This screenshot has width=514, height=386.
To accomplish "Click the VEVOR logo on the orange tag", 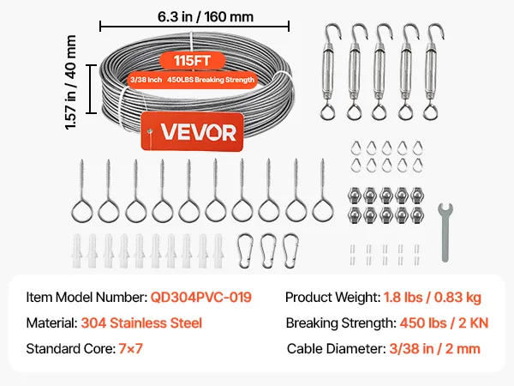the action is (x=199, y=132).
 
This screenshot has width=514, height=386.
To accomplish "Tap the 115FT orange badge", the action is (x=193, y=61).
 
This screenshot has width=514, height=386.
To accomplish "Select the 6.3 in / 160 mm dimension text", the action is (x=206, y=16).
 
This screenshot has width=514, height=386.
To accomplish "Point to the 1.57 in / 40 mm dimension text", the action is (x=71, y=82).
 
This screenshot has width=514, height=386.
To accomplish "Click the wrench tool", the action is (x=445, y=232).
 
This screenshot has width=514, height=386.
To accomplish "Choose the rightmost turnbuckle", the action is (x=433, y=71).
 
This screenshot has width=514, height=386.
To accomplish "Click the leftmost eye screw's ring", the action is (x=82, y=211).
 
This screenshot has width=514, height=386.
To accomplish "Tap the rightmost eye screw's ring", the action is (x=323, y=211).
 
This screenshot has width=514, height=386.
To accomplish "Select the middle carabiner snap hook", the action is (x=269, y=250).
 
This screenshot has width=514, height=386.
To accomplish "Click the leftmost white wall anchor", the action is (x=77, y=250).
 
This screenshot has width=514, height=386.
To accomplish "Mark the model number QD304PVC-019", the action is (x=201, y=297).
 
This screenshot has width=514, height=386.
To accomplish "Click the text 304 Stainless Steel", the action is (x=141, y=323).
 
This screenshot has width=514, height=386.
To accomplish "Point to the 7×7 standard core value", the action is (x=130, y=348).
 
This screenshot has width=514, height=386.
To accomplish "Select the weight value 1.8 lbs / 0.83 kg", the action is (x=433, y=297).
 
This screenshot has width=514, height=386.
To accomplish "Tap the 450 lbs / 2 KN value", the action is (x=444, y=323).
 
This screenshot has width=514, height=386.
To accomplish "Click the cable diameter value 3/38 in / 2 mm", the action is (x=434, y=348).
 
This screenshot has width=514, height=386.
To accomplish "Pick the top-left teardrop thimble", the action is (x=356, y=148).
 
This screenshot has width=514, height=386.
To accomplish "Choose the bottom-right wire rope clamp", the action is (x=416, y=214).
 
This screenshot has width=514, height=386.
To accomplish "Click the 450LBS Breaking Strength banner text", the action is (x=211, y=80).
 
